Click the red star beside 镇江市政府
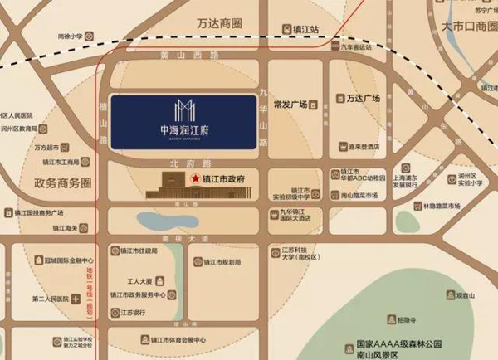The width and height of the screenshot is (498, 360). click(x=196, y=178)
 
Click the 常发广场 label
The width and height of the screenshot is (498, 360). click(x=291, y=104)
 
